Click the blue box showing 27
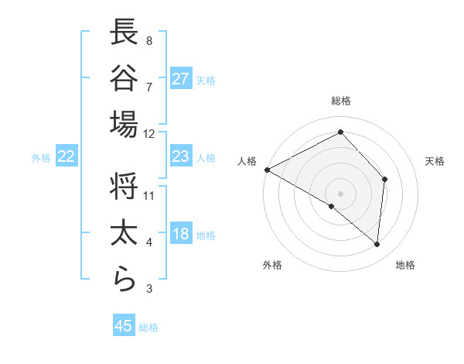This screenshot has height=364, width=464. click(x=181, y=78)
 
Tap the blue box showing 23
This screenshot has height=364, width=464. click(x=181, y=156)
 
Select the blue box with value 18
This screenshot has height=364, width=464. click(x=181, y=235)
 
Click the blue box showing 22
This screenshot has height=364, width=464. click(x=67, y=156)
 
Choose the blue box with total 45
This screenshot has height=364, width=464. click(x=124, y=325)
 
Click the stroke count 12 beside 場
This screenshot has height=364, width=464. click(x=149, y=133)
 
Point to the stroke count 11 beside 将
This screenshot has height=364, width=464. click(x=149, y=194)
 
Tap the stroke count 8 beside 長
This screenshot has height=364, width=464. click(x=148, y=39)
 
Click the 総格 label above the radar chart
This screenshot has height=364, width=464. click(x=340, y=101)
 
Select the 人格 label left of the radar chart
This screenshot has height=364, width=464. click(x=247, y=161)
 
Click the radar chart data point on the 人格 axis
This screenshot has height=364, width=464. click(x=267, y=170)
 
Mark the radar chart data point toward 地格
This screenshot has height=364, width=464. click(x=377, y=245)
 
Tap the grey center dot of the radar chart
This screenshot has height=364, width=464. click(x=340, y=193)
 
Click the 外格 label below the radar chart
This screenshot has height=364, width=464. click(x=272, y=265)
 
